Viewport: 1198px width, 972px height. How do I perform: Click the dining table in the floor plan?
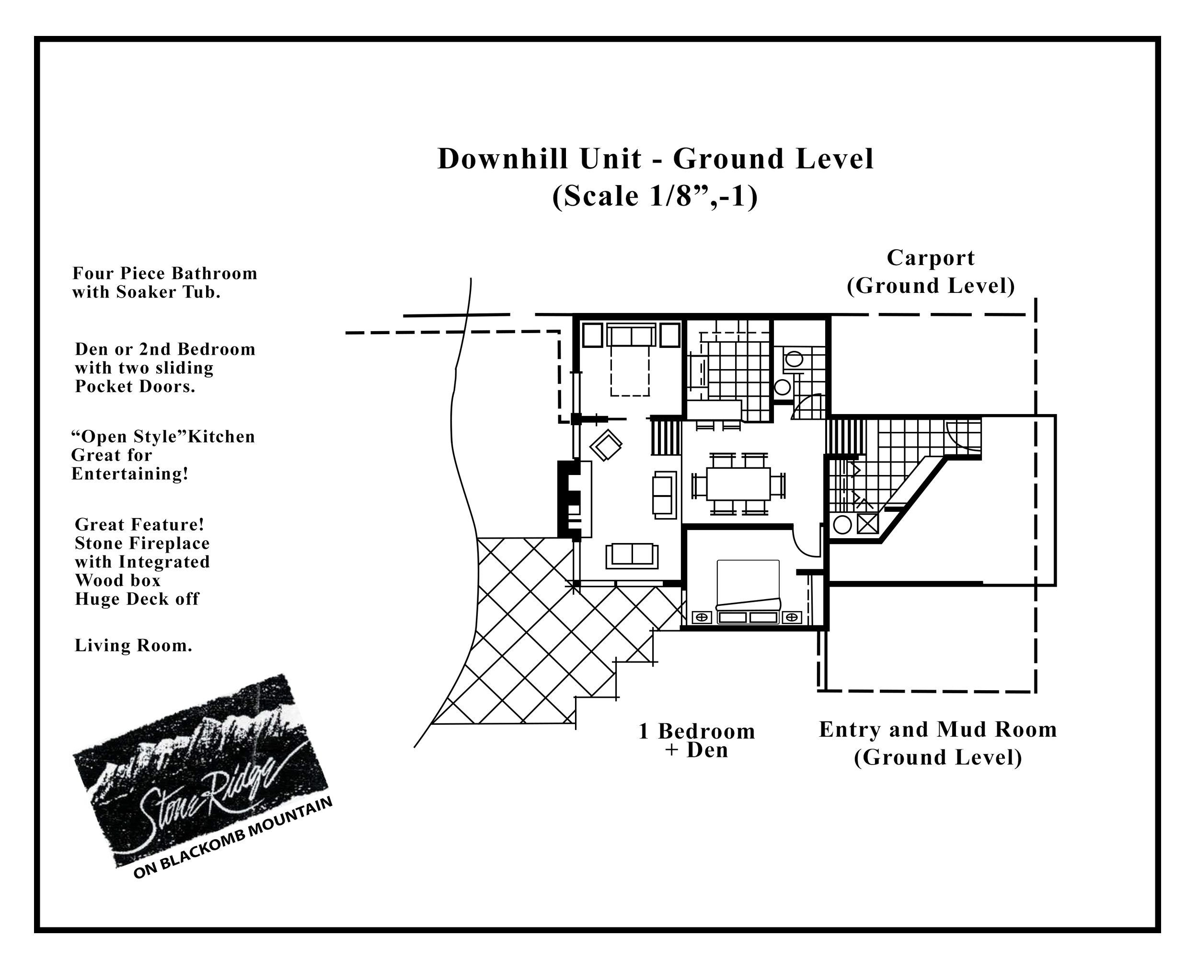(738, 484)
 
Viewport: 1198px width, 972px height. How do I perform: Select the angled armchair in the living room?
(605, 445)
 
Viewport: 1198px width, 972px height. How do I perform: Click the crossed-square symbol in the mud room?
(867, 524)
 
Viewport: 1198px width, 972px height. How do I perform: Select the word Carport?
(931, 258)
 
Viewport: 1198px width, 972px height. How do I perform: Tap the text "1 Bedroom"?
(697, 731)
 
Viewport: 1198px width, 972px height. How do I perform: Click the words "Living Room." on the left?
(133, 646)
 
